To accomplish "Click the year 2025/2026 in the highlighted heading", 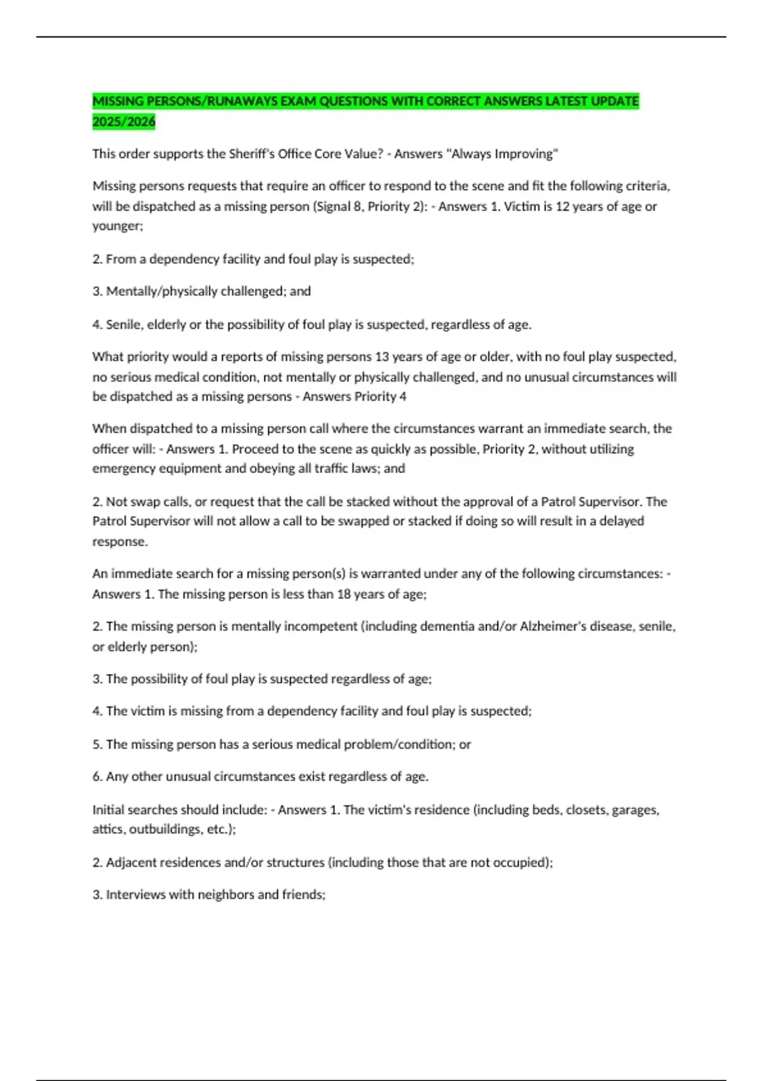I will (x=124, y=121).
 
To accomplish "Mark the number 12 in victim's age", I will (x=563, y=206).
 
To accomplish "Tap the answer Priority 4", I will (x=381, y=396).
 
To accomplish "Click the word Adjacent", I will (x=131, y=863).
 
